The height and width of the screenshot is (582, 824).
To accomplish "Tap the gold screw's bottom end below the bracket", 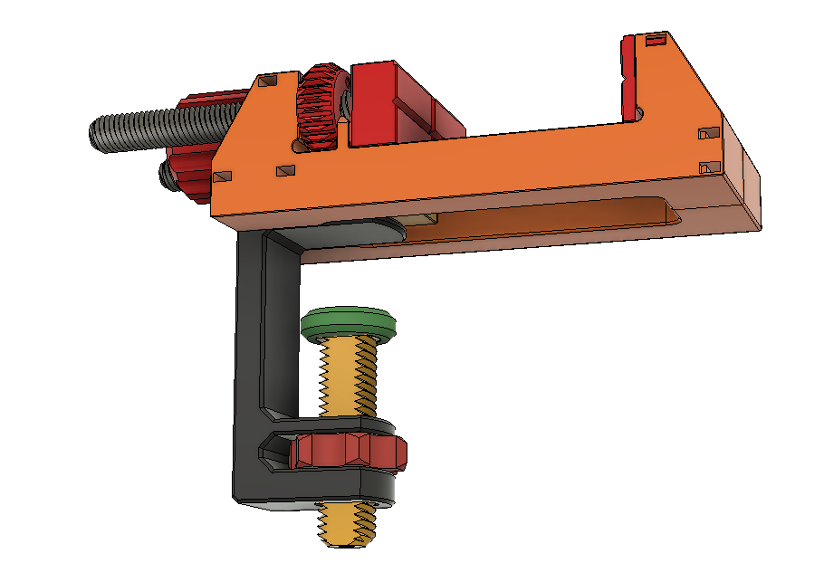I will pyautogui.click(x=348, y=525).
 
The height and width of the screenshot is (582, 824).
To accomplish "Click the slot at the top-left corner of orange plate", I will pyautogui.click(x=266, y=82).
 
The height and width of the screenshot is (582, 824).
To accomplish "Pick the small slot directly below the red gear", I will pyautogui.click(x=284, y=169).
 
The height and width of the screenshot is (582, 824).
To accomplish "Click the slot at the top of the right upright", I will pyautogui.click(x=655, y=40).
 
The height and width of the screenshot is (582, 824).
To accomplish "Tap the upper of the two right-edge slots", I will pyautogui.click(x=707, y=134).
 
